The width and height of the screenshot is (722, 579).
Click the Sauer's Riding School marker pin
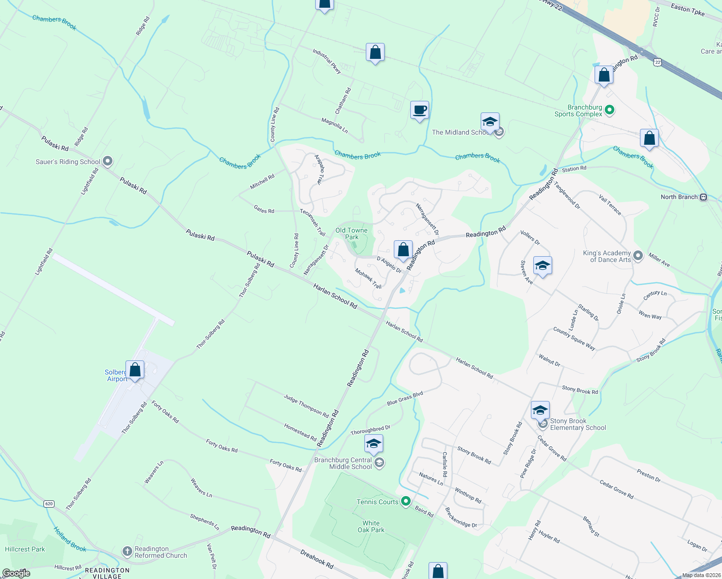tap(108, 161)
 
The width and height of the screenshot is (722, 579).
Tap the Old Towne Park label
tap(351, 234)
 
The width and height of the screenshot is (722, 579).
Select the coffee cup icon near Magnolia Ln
tap(419, 110)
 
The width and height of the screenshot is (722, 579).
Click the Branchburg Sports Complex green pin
tap(610, 110)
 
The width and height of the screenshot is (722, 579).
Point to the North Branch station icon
tap(703, 197)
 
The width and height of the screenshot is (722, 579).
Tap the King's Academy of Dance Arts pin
tap(638, 256)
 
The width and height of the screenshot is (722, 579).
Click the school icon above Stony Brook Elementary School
tap(540, 411)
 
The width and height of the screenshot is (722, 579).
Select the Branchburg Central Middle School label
tap(343, 463)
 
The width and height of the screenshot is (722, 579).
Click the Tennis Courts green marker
tap(406, 501)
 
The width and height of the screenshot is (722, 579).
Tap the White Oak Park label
tap(371, 526)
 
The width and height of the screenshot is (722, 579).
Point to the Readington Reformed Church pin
tap(127, 551)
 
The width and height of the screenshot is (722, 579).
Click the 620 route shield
tap(49, 504)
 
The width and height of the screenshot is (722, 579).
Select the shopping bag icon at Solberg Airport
tap(135, 370)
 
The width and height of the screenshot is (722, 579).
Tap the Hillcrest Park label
tap(25, 549)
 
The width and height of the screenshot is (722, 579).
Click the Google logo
tap(16, 573)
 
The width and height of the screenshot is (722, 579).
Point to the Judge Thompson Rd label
tap(306, 406)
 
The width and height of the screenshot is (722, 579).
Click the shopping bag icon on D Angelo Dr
tap(403, 249)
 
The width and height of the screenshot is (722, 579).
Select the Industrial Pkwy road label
tap(327, 61)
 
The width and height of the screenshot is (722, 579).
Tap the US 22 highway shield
tap(658, 62)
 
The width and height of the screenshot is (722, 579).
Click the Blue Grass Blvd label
tap(404, 398)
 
